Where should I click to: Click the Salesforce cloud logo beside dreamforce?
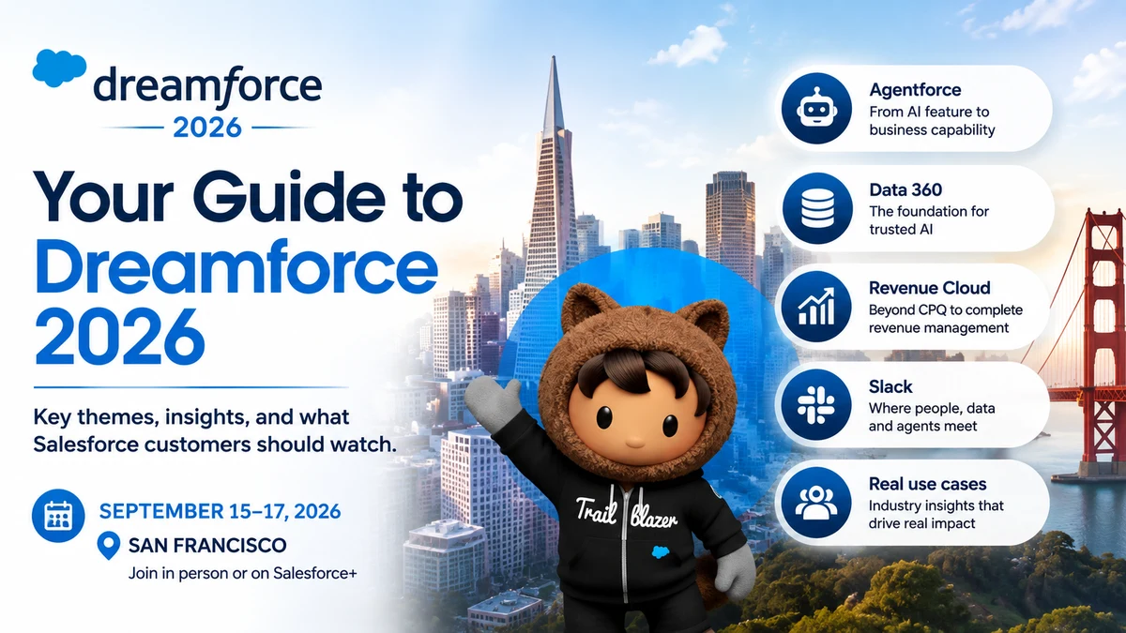click(x=59, y=68)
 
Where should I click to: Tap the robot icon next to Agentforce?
click(x=817, y=109)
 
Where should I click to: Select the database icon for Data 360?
click(x=817, y=208)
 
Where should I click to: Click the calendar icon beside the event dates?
click(x=58, y=516)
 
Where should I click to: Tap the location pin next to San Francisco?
click(x=109, y=546)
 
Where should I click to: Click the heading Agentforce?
click(x=915, y=90)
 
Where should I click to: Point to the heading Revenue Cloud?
click(x=930, y=288)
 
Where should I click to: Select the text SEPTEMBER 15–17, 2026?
click(x=221, y=511)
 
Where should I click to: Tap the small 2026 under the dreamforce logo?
click(x=207, y=128)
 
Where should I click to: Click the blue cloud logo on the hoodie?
click(x=661, y=551)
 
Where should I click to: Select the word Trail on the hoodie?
click(x=596, y=510)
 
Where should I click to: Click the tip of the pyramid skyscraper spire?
click(x=554, y=57)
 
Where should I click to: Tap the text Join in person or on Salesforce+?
click(x=243, y=573)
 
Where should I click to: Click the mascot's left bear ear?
click(x=584, y=306)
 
